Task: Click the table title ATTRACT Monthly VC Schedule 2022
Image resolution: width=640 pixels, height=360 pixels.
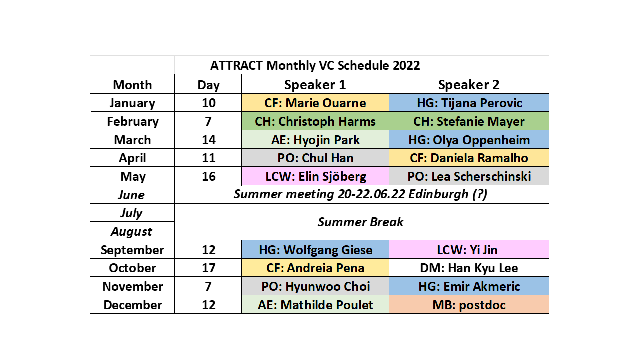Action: [x=315, y=65]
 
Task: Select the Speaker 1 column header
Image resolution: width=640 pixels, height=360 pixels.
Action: [x=315, y=85]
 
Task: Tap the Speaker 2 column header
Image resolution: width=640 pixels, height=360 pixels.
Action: [x=469, y=85]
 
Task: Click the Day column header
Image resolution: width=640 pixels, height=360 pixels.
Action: [x=208, y=85]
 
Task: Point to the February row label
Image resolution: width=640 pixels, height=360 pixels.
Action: [x=133, y=121]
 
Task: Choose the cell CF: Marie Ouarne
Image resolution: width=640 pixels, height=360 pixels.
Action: [x=315, y=103]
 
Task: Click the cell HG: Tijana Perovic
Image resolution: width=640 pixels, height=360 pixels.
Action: [x=469, y=103]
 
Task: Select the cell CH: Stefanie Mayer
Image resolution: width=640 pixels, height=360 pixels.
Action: [x=469, y=121]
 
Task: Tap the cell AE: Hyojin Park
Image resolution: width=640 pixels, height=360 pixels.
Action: [x=315, y=140]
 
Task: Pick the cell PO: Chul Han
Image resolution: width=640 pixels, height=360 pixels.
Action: [x=315, y=158]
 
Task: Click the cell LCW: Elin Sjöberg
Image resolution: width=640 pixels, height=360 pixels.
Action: [x=315, y=176]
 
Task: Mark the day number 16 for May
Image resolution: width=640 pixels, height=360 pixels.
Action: [x=208, y=176]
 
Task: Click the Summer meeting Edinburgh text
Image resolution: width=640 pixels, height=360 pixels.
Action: [x=360, y=194]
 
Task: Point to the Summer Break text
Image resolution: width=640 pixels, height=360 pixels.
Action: [x=360, y=222]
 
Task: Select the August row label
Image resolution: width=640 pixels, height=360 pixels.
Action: [x=131, y=231]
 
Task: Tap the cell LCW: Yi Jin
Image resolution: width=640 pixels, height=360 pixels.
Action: [x=469, y=249]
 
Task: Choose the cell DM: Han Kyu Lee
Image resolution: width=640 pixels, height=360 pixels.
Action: [x=469, y=268]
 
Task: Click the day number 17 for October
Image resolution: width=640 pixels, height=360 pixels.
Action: [x=208, y=268]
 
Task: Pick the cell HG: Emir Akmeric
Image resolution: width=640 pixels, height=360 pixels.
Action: [x=469, y=286]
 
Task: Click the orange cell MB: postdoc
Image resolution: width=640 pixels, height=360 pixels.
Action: [x=469, y=305]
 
